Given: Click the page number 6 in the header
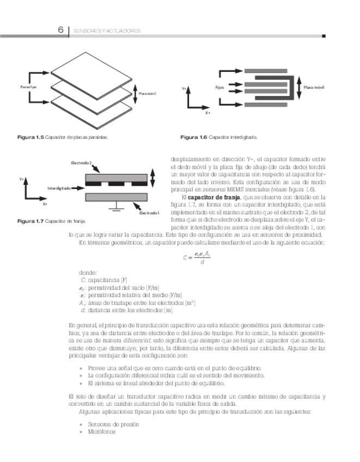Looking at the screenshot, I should [x=61, y=31].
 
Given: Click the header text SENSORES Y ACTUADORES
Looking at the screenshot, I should [x=107, y=31].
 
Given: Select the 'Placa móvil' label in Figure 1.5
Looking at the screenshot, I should [x=147, y=94].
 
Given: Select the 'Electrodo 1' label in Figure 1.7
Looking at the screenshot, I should [x=149, y=212].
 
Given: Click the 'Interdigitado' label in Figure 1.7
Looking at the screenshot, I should [x=59, y=188].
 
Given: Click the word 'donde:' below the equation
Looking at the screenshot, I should [x=87, y=272].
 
